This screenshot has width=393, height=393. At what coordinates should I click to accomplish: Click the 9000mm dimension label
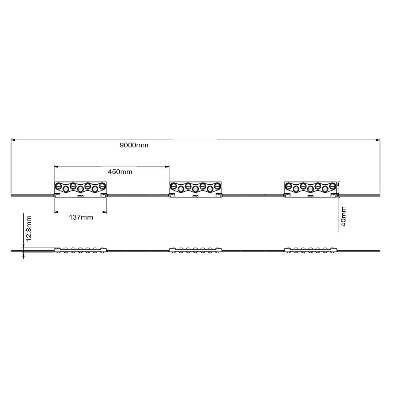[134, 145]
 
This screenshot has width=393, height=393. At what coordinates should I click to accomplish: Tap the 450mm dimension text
[120, 172]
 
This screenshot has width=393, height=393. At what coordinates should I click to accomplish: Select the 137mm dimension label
[81, 217]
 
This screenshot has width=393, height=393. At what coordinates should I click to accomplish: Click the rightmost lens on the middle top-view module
[217, 185]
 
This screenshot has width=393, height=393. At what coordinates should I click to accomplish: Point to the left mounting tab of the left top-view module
[57, 195]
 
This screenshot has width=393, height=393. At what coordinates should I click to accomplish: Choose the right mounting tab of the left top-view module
[104, 195]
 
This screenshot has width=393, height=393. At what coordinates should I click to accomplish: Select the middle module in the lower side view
[195, 250]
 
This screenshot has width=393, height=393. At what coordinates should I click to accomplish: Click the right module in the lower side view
[310, 250]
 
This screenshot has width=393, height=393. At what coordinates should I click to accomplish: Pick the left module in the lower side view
[80, 250]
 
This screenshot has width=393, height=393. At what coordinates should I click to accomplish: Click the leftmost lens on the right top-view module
[288, 186]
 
